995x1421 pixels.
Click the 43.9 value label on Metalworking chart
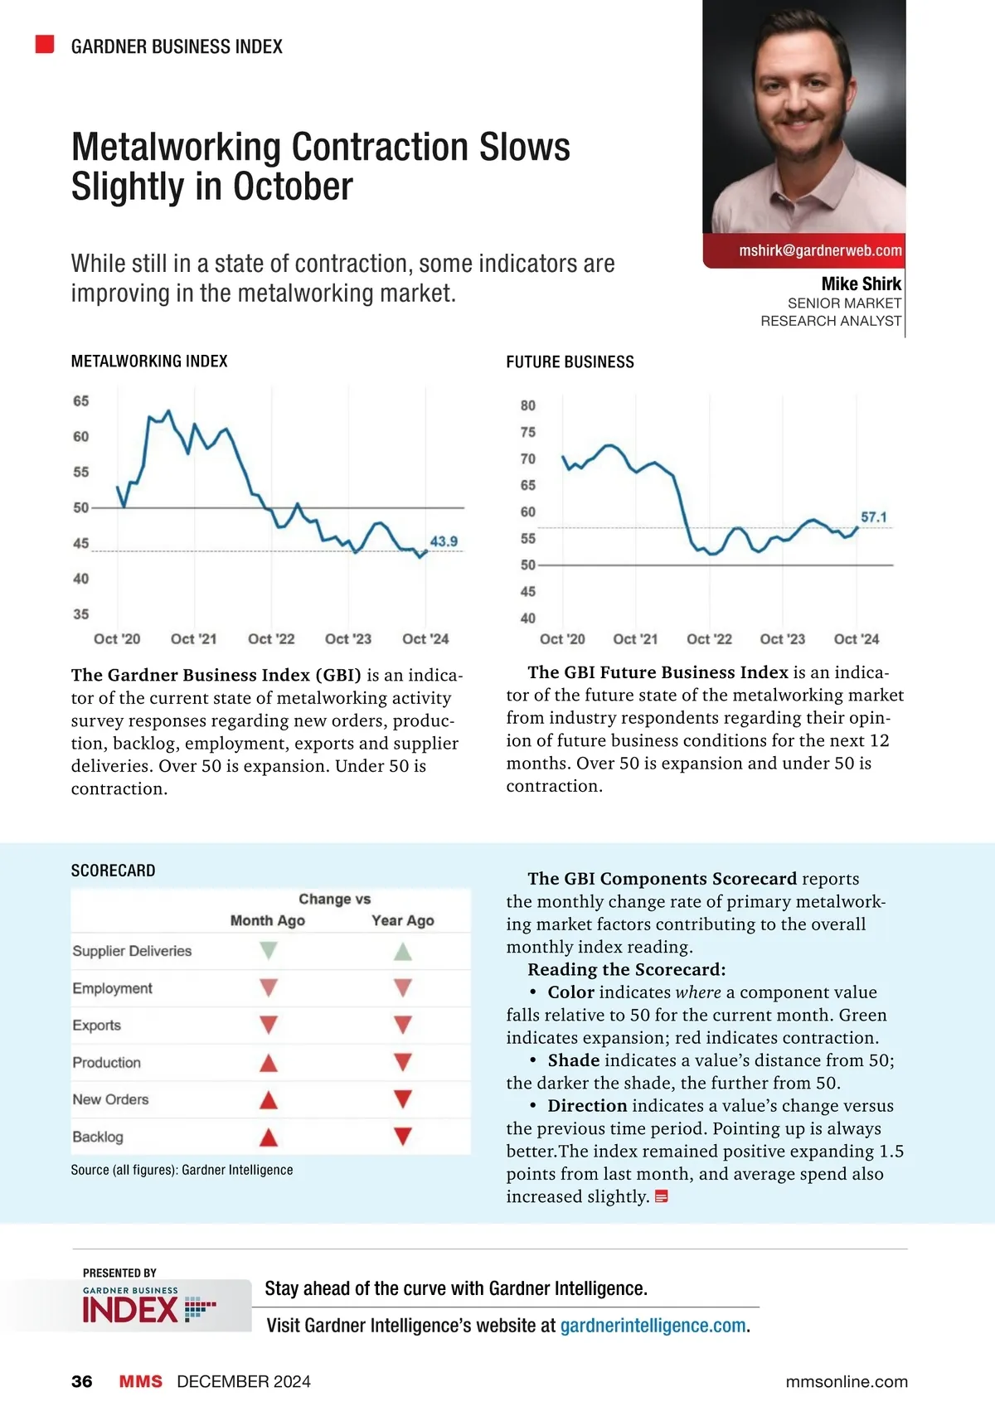[444, 541]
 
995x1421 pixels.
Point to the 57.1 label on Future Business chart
[873, 517]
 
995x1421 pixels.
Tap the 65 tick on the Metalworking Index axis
[80, 401]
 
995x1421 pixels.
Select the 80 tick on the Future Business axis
[528, 405]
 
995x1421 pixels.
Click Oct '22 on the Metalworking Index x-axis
[271, 639]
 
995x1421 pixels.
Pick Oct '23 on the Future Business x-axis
[782, 639]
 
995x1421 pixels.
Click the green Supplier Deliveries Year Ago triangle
[403, 951]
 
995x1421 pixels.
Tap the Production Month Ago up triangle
[268, 1063]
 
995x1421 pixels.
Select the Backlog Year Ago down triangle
[403, 1137]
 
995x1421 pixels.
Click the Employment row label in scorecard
[112, 988]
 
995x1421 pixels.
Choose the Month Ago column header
[267, 920]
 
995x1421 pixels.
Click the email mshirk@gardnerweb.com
[820, 250]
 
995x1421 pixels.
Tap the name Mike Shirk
[861, 284]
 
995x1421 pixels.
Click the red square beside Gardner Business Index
[45, 45]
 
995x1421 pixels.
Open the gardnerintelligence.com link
[653, 1326]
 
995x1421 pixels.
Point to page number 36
[82, 1381]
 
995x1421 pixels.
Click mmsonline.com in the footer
[847, 1381]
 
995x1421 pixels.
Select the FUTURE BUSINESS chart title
[570, 362]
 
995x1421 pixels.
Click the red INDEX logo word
[130, 1310]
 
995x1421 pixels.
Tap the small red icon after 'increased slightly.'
[662, 1196]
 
